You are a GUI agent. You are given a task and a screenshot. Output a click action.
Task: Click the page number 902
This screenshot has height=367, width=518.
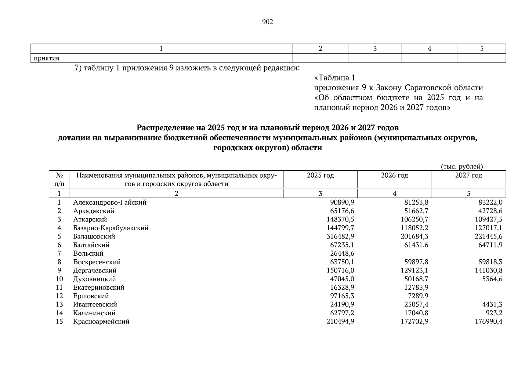pos(267,22)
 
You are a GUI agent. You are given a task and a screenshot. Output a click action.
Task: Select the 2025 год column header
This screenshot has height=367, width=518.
pos(320,176)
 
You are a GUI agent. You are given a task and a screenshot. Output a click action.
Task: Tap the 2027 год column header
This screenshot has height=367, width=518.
pos(469,176)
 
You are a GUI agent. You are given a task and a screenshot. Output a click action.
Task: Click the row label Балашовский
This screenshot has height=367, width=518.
pos(94,236)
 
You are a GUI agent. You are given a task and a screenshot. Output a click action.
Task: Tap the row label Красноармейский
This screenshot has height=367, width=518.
pos(101,321)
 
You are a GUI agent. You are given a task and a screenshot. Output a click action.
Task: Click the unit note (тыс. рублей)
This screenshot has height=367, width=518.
pos(462,167)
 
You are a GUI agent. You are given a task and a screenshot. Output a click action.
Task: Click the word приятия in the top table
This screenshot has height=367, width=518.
pos(46,58)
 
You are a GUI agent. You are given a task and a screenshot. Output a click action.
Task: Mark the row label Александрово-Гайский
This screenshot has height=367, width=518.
pos(110,202)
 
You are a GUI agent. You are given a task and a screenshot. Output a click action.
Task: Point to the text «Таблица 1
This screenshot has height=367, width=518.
pos(335,78)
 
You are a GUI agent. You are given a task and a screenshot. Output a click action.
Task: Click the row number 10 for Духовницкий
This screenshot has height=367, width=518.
pos(59,279)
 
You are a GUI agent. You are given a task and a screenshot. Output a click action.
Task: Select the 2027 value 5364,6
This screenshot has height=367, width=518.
pos(491,279)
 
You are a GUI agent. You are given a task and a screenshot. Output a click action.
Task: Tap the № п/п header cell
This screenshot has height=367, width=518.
pos(60,180)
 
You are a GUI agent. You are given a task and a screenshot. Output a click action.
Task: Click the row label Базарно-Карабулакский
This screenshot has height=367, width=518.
pos(110,228)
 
